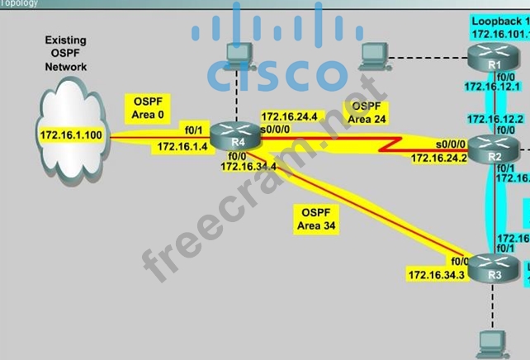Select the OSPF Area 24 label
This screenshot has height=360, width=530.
(x=365, y=112)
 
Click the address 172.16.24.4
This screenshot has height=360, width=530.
(x=288, y=116)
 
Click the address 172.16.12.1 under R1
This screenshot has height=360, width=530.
(x=492, y=86)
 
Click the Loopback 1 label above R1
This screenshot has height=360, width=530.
(x=499, y=18)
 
